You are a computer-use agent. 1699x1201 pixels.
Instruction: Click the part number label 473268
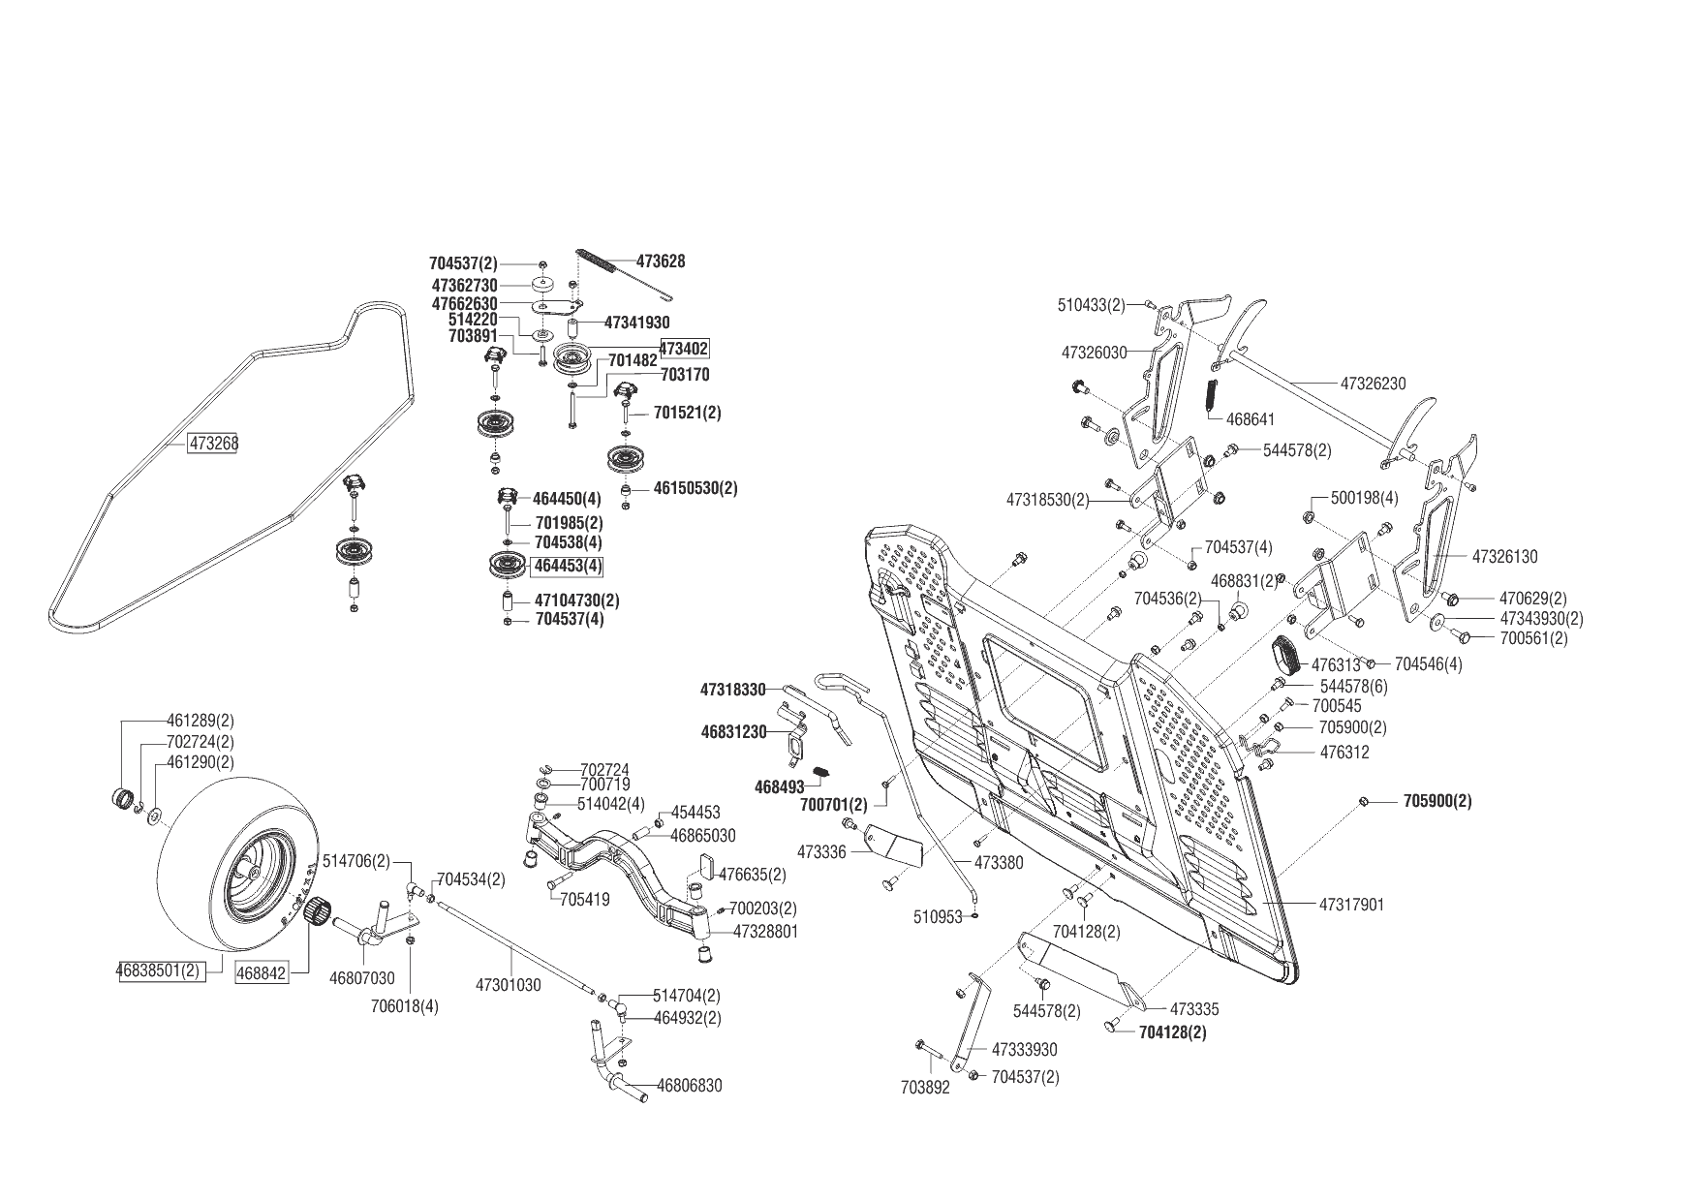tap(214, 444)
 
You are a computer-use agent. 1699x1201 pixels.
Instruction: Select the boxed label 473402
tap(684, 349)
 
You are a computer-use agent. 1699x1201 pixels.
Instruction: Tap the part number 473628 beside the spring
tap(661, 262)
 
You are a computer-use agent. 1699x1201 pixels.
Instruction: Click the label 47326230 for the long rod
tap(1373, 384)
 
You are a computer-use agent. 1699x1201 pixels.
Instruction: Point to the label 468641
tap(1251, 419)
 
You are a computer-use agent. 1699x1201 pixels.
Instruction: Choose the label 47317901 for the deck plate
tap(1351, 905)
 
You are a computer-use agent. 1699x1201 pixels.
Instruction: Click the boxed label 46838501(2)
tap(160, 970)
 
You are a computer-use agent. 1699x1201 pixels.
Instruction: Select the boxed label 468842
tap(262, 973)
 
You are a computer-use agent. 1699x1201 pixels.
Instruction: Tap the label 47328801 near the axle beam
tap(766, 931)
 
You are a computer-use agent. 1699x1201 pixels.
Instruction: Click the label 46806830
tap(690, 1086)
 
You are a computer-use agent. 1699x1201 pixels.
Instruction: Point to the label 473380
tap(999, 862)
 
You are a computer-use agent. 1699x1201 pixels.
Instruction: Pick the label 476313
tap(1336, 665)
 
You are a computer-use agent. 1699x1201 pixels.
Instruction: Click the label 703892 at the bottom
tap(925, 1088)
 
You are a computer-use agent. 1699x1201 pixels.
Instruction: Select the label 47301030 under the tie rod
tap(508, 985)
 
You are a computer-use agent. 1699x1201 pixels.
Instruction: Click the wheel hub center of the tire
tap(254, 872)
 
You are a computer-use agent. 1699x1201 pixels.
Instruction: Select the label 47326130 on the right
tap(1504, 557)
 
